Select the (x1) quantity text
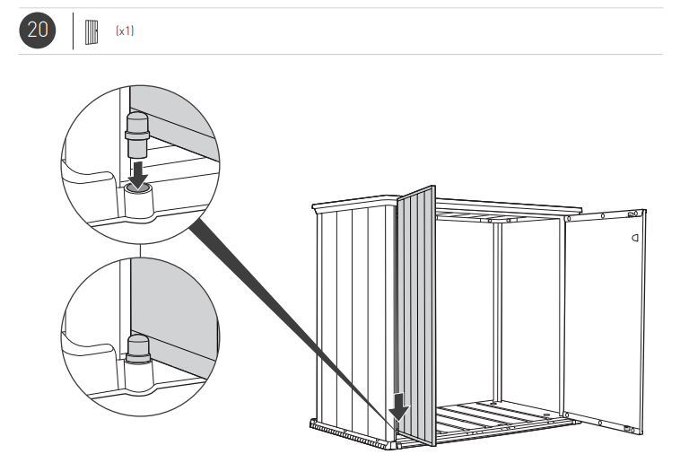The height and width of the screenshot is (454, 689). tap(124, 31)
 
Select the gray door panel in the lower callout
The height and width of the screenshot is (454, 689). tap(175, 310)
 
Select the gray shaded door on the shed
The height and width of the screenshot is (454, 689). tap(416, 314)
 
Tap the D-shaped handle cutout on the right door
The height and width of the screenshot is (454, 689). tap(635, 239)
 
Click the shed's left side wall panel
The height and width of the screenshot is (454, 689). tap(354, 314)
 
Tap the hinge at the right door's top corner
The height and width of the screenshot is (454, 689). tap(635, 214)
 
